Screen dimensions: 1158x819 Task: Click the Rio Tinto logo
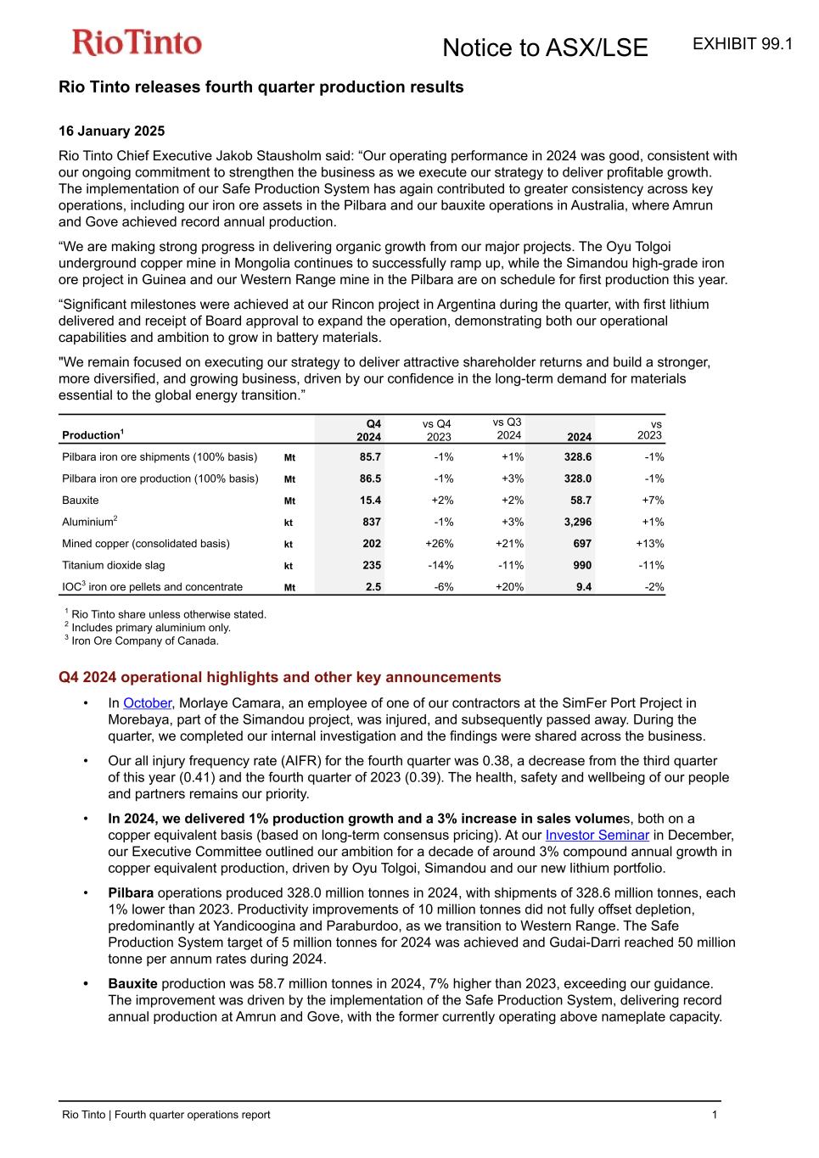click(x=137, y=42)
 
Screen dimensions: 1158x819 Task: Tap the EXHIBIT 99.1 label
click(x=743, y=44)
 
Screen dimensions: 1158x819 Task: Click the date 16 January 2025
click(x=111, y=131)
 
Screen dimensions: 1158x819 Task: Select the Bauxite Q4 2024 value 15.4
click(x=370, y=501)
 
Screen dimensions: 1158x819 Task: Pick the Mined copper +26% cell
click(x=439, y=544)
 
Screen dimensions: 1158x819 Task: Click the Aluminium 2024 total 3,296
click(x=578, y=523)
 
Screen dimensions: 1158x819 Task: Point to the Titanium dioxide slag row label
click(x=114, y=565)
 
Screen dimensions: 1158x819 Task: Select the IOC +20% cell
click(x=509, y=587)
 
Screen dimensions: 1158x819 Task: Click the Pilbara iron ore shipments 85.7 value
click(x=370, y=457)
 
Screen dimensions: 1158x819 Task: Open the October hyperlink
click(x=147, y=703)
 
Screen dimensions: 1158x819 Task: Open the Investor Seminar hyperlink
click(x=597, y=836)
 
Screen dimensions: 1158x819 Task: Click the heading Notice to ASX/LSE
click(x=545, y=48)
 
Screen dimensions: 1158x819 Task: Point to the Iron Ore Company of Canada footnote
click(x=144, y=641)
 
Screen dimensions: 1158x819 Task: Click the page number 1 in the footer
click(x=715, y=1115)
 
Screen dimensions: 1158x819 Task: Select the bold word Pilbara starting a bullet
click(x=131, y=893)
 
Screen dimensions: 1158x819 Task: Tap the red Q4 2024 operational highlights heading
click(x=279, y=677)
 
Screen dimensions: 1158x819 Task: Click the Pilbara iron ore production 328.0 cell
click(x=578, y=479)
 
